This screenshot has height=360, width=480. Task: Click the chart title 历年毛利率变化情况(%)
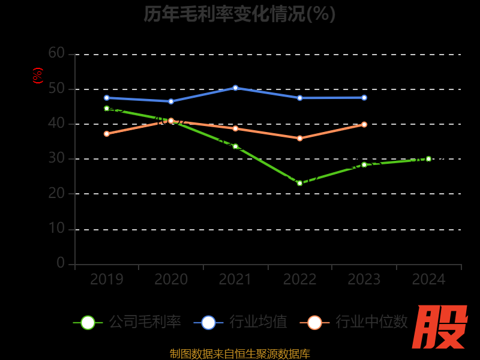coord(239,13)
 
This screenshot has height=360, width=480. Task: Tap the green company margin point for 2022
coord(299,183)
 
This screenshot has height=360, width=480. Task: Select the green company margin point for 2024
coord(428,159)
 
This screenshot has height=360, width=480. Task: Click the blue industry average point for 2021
coord(235,88)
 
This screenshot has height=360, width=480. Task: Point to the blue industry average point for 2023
coord(364,97)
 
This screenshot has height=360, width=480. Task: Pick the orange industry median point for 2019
coord(107,134)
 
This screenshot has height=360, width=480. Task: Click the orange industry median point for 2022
coord(299,138)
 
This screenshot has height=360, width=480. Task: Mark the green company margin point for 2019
coord(107,109)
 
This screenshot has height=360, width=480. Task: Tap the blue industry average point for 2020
coord(171,101)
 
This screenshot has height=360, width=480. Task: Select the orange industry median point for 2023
coord(364,124)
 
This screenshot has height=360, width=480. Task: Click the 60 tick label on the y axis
coord(56,53)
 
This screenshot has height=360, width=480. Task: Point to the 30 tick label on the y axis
coord(56,158)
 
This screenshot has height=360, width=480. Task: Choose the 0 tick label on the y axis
coord(60,263)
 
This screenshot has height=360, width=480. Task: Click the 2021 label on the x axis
coord(235,280)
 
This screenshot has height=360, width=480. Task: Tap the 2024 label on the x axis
coord(428,280)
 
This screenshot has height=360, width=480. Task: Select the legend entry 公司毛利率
coord(127,322)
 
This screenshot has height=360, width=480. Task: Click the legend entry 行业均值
coord(241,322)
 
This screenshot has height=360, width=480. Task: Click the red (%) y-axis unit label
coord(38,76)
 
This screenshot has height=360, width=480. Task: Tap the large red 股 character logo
coord(441,328)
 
